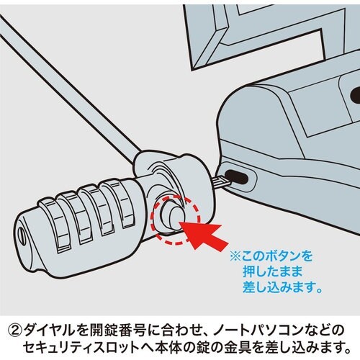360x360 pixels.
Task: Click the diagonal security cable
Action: point(65,78)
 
